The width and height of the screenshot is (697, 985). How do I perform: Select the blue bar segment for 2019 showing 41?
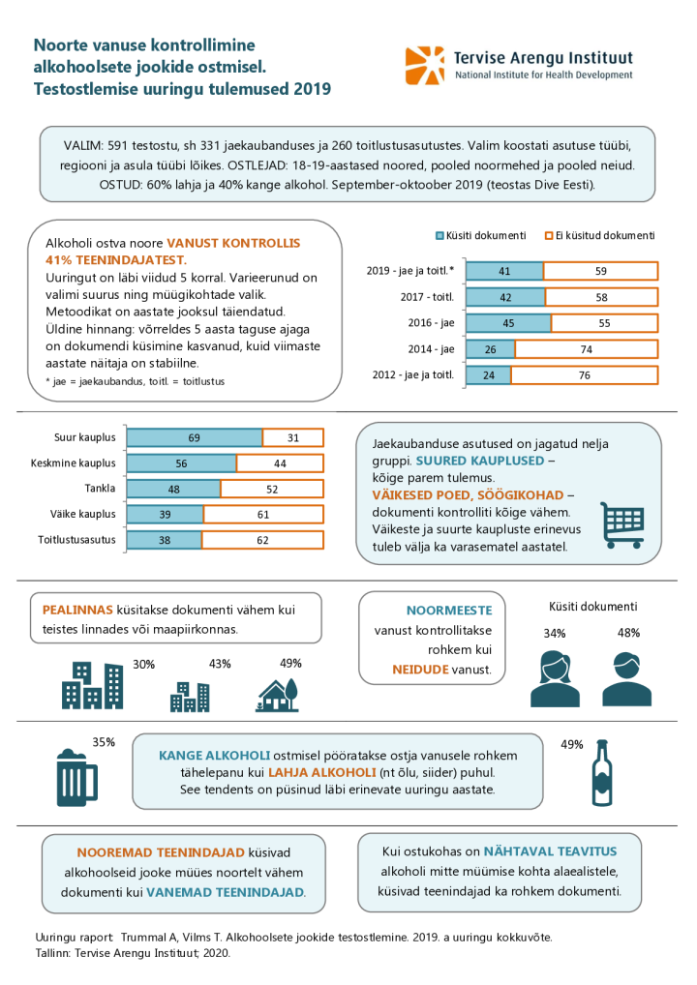click(x=504, y=272)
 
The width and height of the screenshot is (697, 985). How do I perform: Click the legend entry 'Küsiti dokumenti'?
click(x=484, y=235)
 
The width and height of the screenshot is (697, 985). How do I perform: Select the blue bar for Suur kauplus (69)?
click(x=195, y=438)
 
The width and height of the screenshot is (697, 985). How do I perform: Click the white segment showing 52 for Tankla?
click(x=272, y=489)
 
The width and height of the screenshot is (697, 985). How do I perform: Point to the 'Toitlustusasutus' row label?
click(x=77, y=539)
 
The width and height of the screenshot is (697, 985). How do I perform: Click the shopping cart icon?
click(x=622, y=524)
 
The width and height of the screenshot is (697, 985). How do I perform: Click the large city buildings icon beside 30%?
click(x=92, y=686)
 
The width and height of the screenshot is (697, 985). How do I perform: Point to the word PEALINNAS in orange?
click(x=77, y=611)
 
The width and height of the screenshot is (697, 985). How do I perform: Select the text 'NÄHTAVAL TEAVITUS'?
click(x=550, y=851)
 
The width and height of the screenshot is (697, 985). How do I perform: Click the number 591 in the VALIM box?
click(x=114, y=144)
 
